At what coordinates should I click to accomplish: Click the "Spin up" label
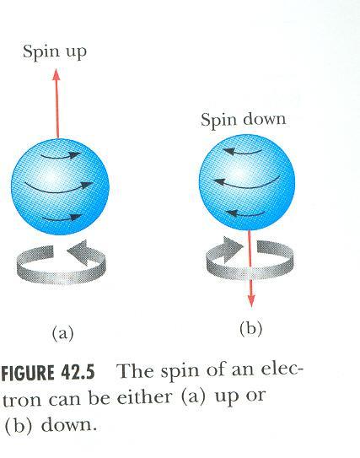[55, 52]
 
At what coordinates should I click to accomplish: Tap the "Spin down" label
[243, 121]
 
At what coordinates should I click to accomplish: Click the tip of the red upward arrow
[56, 69]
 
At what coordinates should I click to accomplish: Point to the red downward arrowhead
[251, 301]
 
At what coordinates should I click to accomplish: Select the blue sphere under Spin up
[60, 186]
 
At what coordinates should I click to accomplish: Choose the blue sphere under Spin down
[247, 182]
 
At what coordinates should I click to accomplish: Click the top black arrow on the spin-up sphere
[61, 155]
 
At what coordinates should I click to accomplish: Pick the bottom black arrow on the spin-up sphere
[62, 218]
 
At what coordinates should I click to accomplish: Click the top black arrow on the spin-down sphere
[242, 151]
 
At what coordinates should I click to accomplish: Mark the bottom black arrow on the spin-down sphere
[246, 213]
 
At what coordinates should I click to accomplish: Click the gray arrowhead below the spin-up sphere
[78, 252]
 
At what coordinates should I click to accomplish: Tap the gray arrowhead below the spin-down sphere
[233, 249]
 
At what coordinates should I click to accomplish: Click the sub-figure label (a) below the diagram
[62, 333]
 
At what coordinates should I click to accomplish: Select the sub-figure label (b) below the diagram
[250, 329]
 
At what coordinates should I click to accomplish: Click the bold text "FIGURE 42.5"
[48, 373]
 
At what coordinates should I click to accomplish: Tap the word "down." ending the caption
[69, 425]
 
